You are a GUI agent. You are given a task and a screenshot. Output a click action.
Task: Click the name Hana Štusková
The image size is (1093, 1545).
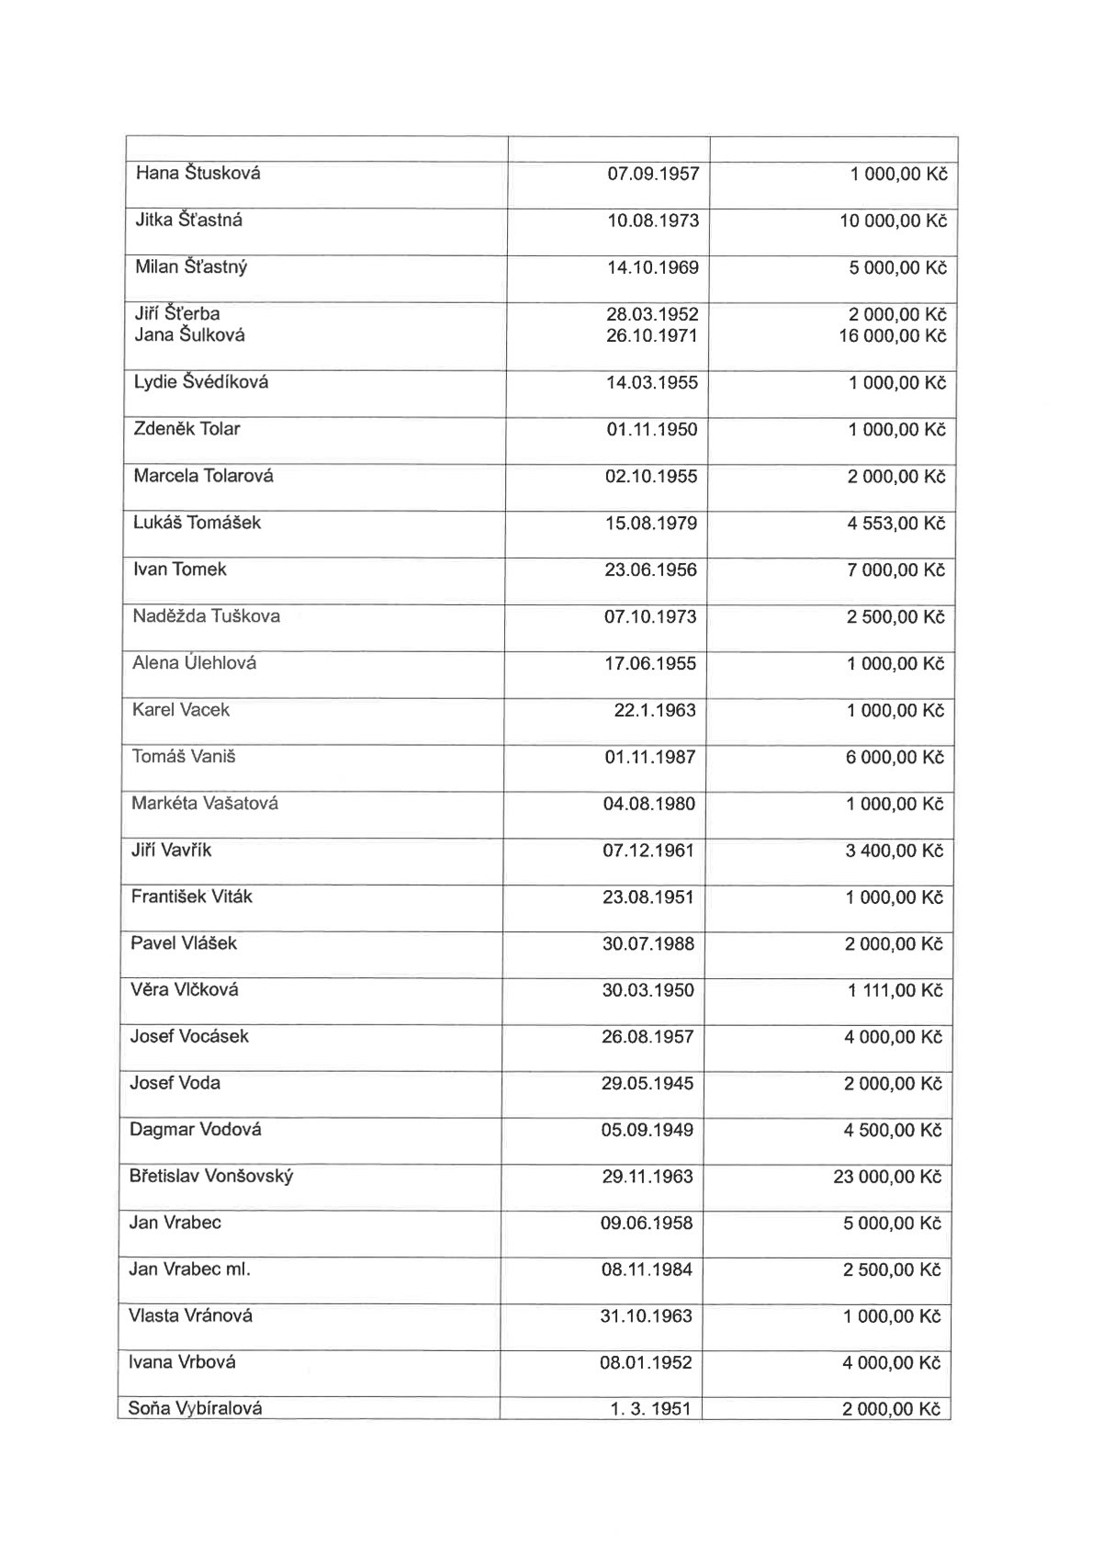197,173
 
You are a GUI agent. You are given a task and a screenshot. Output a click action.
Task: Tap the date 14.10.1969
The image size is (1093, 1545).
652,267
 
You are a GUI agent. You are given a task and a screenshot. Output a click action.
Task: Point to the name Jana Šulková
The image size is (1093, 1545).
190,335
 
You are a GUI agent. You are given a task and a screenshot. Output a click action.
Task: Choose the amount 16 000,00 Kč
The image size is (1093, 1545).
892,336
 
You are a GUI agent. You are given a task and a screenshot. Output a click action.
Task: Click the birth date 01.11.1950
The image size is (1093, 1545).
652,429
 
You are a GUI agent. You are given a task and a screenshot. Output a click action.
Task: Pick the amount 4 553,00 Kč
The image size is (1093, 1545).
896,524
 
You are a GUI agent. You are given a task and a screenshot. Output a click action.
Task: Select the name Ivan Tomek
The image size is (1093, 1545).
180,570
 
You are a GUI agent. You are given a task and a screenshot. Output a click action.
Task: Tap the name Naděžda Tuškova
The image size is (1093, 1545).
207,616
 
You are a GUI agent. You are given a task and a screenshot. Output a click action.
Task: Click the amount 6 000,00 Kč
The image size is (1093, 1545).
895,757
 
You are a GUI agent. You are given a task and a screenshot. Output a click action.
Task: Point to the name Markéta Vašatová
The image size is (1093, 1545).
205,804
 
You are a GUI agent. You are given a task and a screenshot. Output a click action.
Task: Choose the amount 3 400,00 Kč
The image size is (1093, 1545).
895,851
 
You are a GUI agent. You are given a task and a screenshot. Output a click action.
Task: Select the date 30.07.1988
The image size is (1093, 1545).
648,943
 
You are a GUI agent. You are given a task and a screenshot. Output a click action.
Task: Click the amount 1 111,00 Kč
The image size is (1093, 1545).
895,990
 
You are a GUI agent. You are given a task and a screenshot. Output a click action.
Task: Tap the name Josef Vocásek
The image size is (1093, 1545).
189,1036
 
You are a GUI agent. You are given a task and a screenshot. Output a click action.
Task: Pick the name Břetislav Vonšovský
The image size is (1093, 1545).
211,1177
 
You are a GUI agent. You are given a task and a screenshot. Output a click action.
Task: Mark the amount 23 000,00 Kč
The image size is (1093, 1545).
887,1177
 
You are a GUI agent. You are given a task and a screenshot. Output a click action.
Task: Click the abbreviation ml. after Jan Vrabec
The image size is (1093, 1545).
237,1269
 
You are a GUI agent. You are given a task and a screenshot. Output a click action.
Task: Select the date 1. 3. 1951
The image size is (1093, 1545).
649,1408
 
